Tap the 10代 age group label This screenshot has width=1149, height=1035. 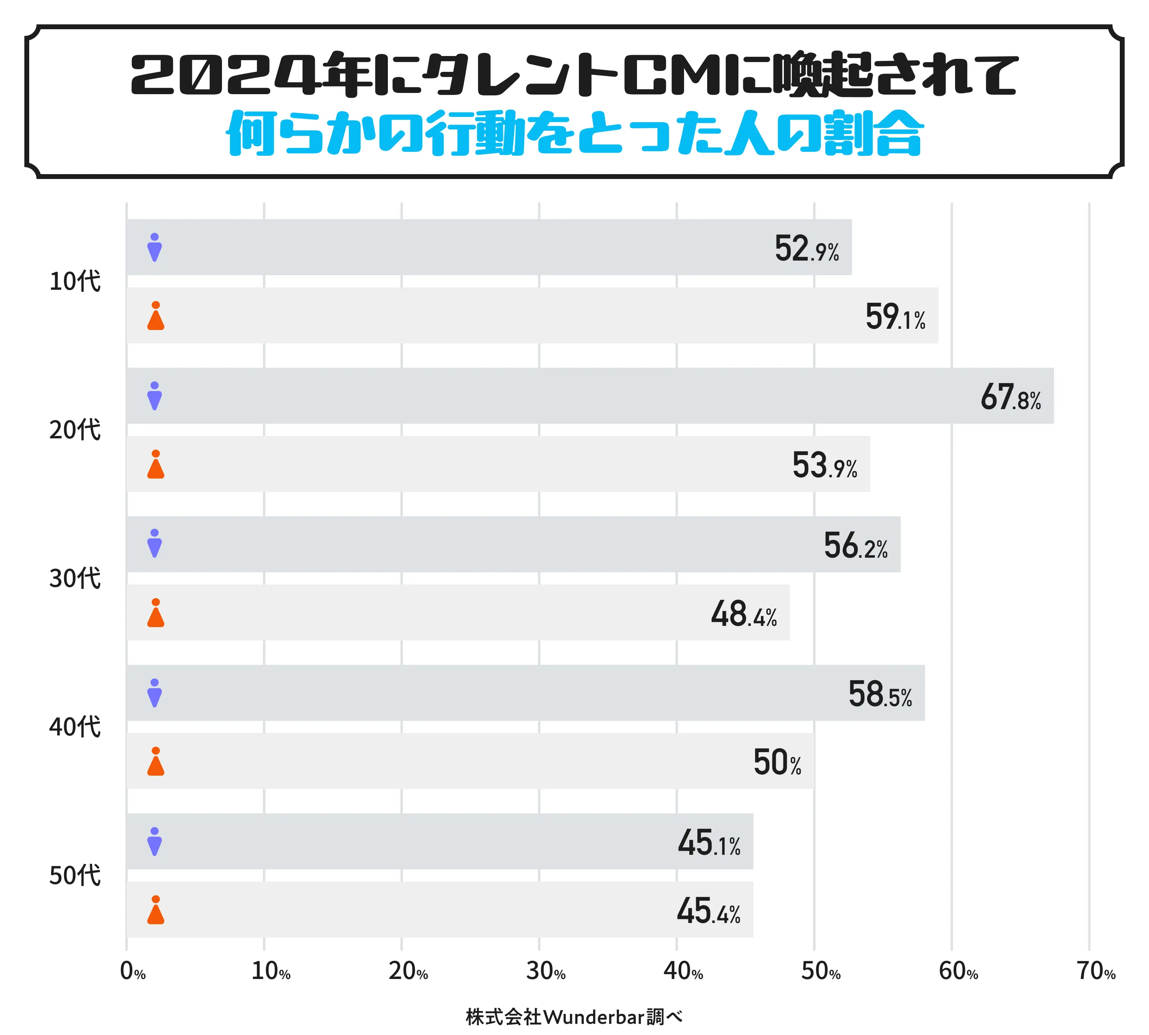click(x=75, y=282)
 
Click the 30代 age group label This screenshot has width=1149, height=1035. click(x=75, y=578)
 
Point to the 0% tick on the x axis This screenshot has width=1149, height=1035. click(x=132, y=971)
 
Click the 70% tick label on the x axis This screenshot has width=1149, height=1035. click(x=1095, y=971)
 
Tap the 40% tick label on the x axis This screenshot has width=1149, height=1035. click(x=683, y=971)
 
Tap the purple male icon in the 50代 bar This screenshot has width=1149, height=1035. click(x=155, y=842)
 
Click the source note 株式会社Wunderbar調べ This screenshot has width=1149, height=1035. click(x=574, y=1017)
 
